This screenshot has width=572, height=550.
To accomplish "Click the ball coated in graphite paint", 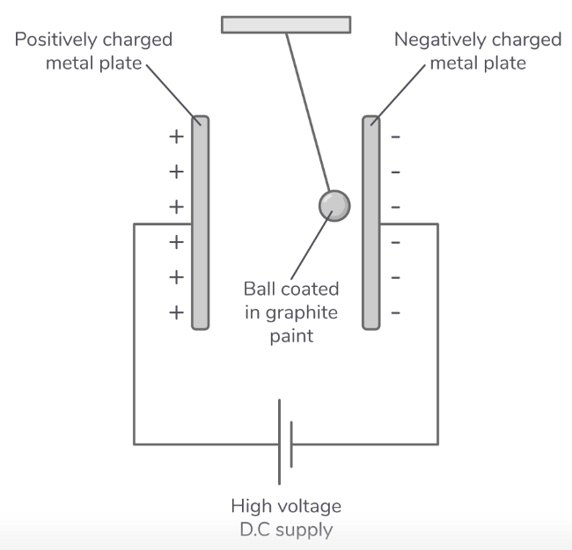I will point(334,205).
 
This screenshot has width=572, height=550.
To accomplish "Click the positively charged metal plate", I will point(200,264).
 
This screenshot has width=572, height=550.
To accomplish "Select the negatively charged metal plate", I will point(370,264).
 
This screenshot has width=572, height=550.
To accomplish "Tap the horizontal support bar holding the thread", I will point(286,25).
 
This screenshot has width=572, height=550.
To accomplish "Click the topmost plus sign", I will point(176,136).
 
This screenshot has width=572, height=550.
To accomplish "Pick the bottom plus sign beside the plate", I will point(176,312).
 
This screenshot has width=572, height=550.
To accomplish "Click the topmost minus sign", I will point(396,136).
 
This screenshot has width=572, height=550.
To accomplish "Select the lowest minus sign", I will point(396,312).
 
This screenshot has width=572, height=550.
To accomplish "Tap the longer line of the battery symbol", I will point(281,441).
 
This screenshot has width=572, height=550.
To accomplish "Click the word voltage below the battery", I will point(312,507).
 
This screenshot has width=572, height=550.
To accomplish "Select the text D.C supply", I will point(286,530).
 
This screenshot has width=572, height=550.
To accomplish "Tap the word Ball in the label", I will point(259,289).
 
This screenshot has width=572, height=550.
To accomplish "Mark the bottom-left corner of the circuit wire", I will point(134,443).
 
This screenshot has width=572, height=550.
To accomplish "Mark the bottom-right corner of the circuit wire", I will point(437,443).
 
